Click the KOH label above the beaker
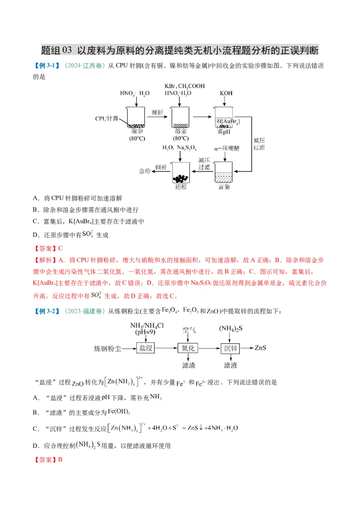click(x=226, y=93)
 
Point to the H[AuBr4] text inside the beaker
click(x=227, y=122)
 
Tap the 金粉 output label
click(x=144, y=171)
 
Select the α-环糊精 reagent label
click(x=225, y=148)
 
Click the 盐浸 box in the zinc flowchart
click(x=145, y=348)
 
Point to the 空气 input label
click(x=189, y=330)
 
